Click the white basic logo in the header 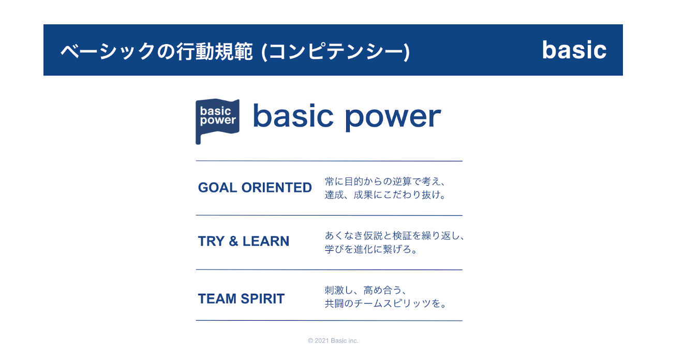click(x=574, y=50)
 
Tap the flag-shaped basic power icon click(x=217, y=121)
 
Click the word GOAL click(x=217, y=187)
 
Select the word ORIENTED click(x=277, y=187)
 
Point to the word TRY click(x=211, y=241)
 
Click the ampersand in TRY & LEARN click(x=233, y=241)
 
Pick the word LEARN click(x=265, y=241)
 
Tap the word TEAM click(x=217, y=298)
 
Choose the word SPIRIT click(x=263, y=298)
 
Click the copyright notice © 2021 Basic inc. click(x=333, y=340)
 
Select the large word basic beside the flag click(x=293, y=115)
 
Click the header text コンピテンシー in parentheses click(x=335, y=51)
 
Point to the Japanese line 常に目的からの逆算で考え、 click(x=385, y=182)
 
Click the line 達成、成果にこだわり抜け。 click(x=385, y=194)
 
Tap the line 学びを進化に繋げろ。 click(x=371, y=249)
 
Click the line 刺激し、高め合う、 click(x=366, y=290)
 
